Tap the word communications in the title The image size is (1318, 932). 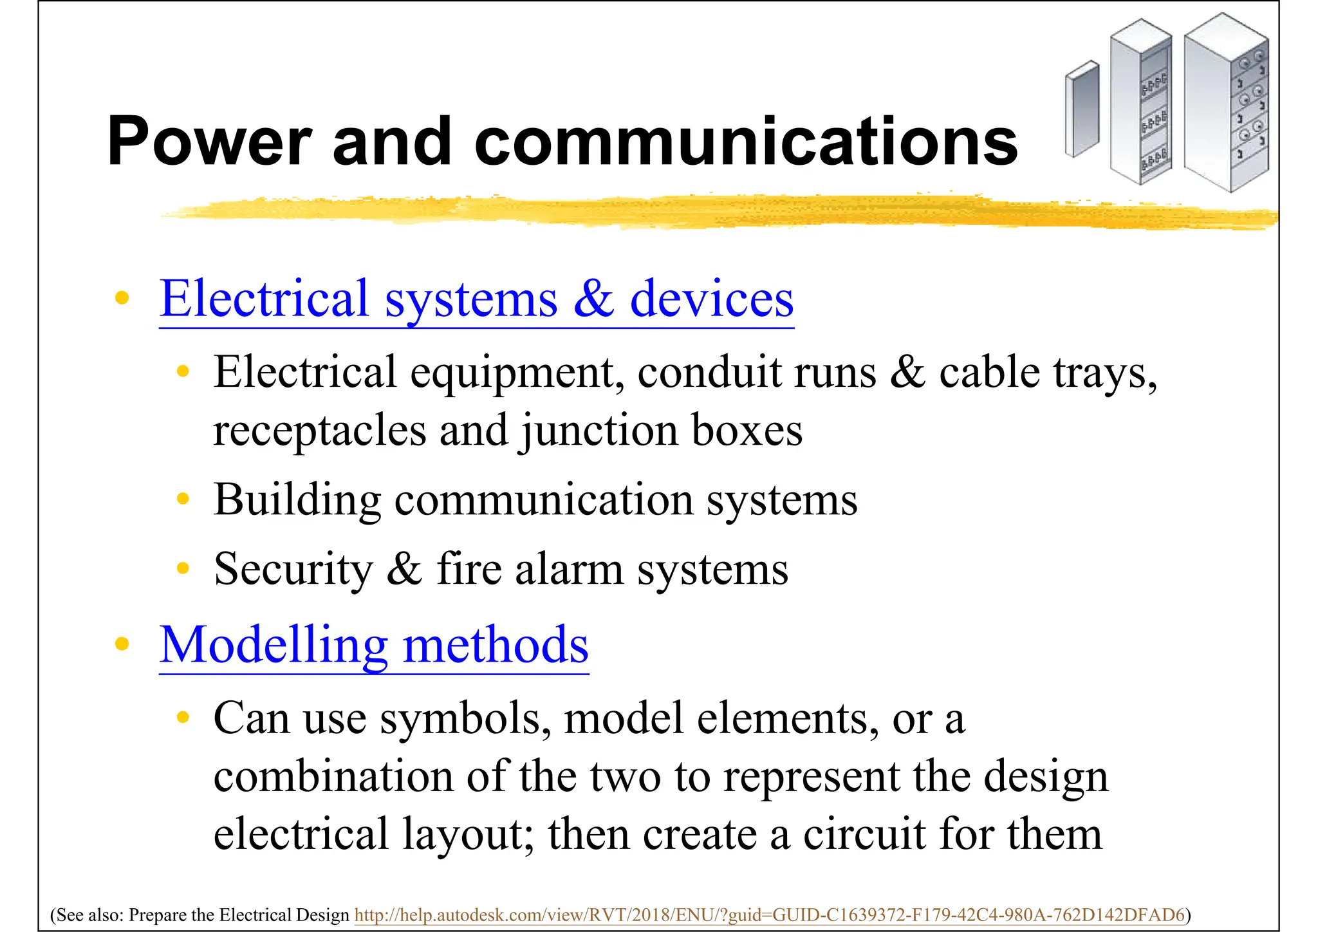point(745,142)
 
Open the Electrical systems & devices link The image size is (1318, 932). point(476,299)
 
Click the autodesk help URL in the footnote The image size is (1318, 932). point(769,915)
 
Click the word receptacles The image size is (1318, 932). point(320,431)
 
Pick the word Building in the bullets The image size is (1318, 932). point(297,500)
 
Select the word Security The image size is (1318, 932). point(293,570)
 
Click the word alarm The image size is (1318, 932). point(569,570)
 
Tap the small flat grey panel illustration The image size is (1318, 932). point(1082,109)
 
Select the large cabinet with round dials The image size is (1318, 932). point(1227,103)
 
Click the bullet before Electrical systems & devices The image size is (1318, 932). point(122,299)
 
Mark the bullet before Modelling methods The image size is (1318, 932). point(122,644)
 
